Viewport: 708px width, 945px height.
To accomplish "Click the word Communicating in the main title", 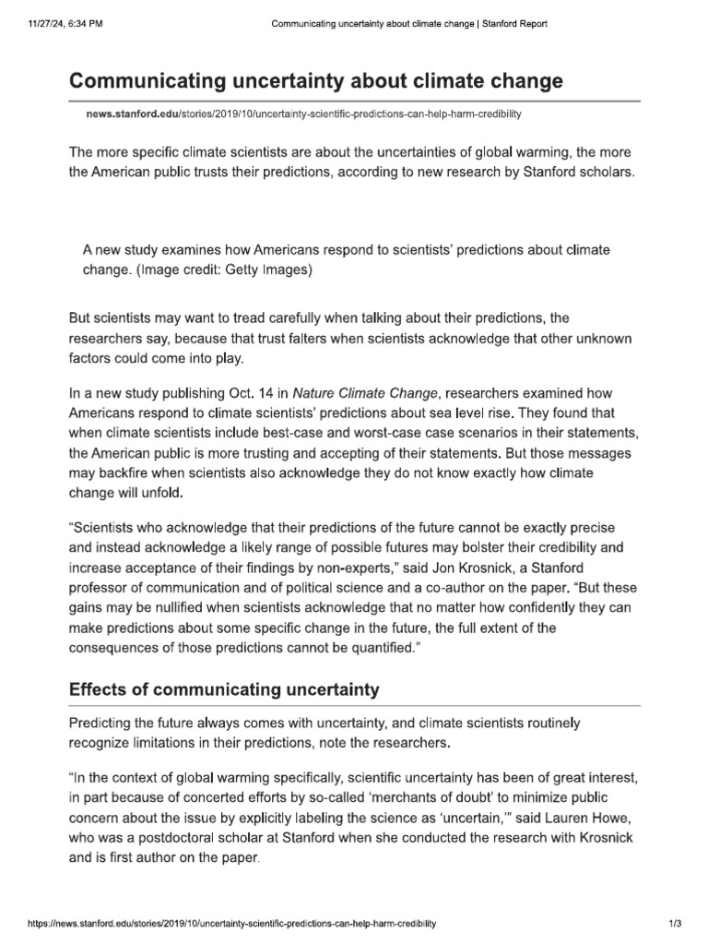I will pyautogui.click(x=141, y=81).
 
